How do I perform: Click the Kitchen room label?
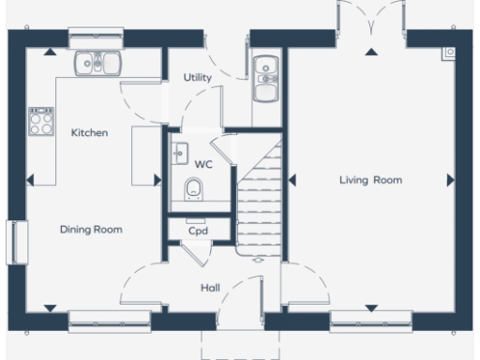90,133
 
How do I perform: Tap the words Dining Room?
91,229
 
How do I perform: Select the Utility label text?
197,78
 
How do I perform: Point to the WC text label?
202,164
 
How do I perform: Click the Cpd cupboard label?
197,231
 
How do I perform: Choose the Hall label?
210,288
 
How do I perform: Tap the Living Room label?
370,180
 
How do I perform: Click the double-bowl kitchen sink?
98,63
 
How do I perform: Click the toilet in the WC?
194,190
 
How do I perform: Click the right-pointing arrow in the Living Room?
451,179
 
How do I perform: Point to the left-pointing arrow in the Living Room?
292,179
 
